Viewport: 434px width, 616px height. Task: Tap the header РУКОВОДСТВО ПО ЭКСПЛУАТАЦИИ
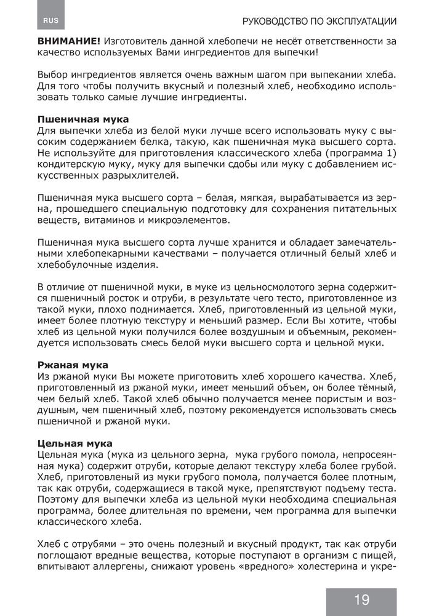[319, 21]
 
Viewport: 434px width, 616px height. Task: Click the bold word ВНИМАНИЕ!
[69, 40]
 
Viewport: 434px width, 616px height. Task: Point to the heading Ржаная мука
[73, 365]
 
